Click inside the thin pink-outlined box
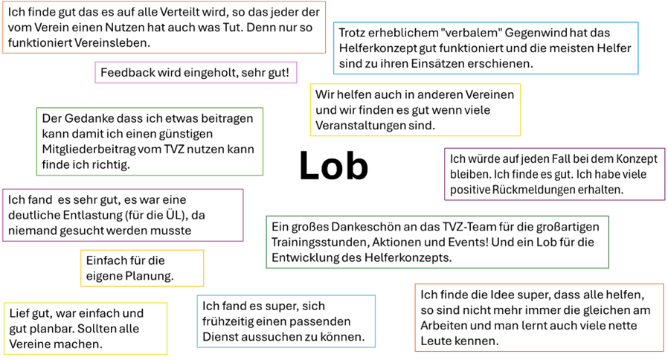196,72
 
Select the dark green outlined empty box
437,242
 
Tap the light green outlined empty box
150,141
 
